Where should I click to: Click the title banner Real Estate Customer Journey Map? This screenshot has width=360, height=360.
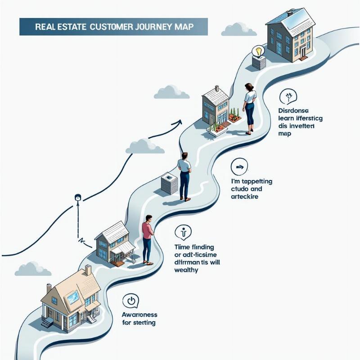[113, 27]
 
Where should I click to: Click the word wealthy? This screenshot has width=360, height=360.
[186, 270]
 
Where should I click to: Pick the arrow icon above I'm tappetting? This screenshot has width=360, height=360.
[239, 167]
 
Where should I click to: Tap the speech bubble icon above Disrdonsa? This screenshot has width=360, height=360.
[288, 97]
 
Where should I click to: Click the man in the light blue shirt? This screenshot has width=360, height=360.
[184, 175]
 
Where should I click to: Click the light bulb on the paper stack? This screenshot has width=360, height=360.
[258, 51]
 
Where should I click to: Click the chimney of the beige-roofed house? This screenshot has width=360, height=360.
[88, 270]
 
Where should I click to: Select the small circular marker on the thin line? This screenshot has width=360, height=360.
[77, 197]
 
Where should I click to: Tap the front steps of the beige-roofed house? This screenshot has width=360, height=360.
[47, 322]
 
